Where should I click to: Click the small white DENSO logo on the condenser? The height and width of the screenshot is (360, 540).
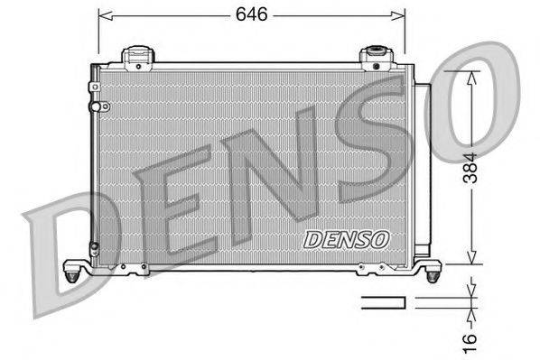[346, 240]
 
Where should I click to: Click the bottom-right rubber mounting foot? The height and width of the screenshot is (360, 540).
[434, 268]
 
